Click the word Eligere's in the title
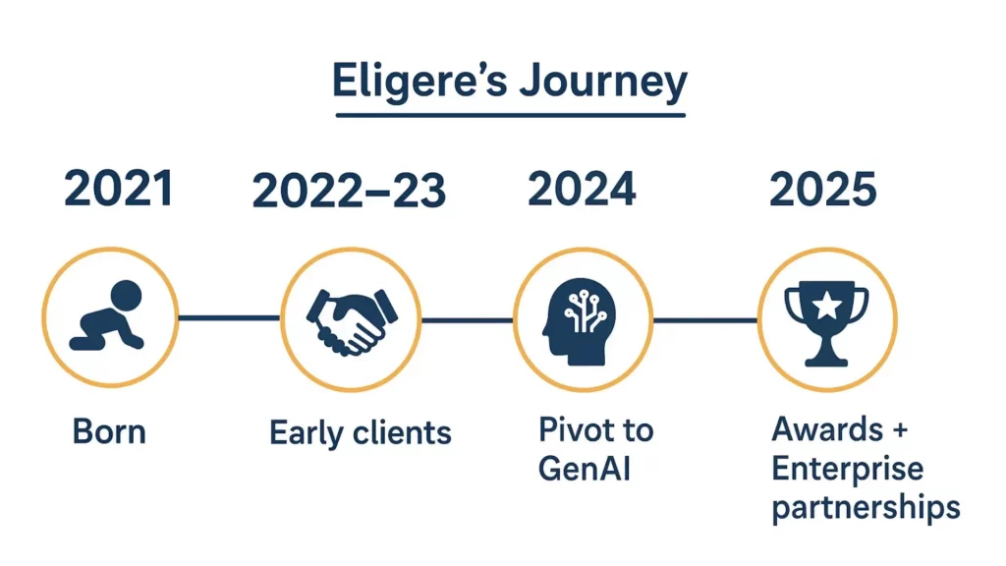419,83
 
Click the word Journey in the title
603,84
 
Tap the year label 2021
119,189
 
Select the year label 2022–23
349,191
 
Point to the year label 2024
582,189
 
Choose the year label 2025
822,189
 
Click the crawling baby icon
108,315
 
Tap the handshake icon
352,321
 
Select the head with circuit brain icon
579,321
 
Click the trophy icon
826,322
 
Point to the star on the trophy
827,306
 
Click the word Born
109,431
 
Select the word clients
402,432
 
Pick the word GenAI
584,468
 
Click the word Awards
827,429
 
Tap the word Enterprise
848,468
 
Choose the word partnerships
866,508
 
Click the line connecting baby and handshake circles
229,317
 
